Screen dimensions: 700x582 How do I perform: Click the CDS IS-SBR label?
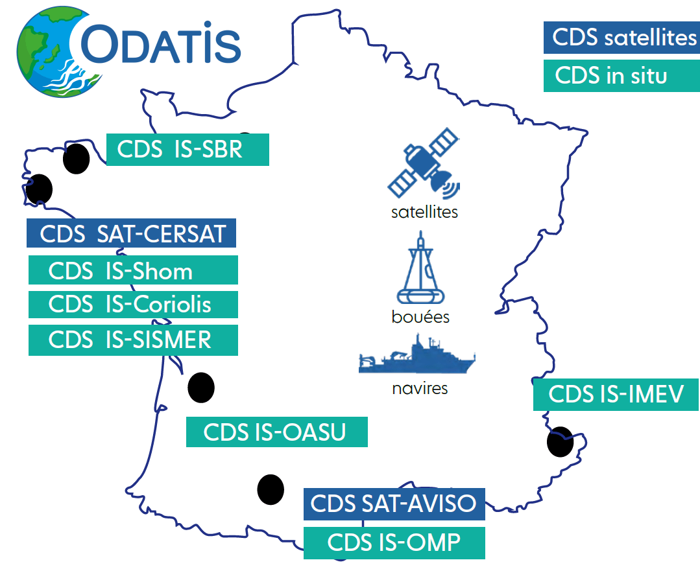point(187,150)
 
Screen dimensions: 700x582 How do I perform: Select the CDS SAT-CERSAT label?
point(131,233)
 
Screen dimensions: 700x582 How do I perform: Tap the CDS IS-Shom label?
point(133,270)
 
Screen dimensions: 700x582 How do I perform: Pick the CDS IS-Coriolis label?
point(133,305)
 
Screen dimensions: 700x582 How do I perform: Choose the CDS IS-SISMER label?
point(133,340)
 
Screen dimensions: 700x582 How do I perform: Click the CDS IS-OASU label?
point(277,432)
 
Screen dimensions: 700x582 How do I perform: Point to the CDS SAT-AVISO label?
point(394,504)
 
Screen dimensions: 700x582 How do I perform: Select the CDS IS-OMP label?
point(394,542)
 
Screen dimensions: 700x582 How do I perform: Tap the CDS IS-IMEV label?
point(616,394)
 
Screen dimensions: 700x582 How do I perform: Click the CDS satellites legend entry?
point(622,38)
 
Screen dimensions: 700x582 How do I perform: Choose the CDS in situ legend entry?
point(622,76)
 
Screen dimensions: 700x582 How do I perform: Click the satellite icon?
point(424,163)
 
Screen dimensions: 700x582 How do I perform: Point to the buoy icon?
point(420,268)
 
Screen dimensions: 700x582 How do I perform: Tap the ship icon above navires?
point(417,354)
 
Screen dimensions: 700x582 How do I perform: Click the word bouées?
point(420,317)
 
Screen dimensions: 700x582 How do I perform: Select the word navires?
point(420,389)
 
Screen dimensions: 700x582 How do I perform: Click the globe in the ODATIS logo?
point(60,52)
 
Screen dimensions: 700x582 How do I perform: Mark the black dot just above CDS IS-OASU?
point(201,388)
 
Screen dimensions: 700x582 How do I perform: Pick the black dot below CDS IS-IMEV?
point(560,442)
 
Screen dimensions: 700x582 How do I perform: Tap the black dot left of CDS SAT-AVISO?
point(271,490)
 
